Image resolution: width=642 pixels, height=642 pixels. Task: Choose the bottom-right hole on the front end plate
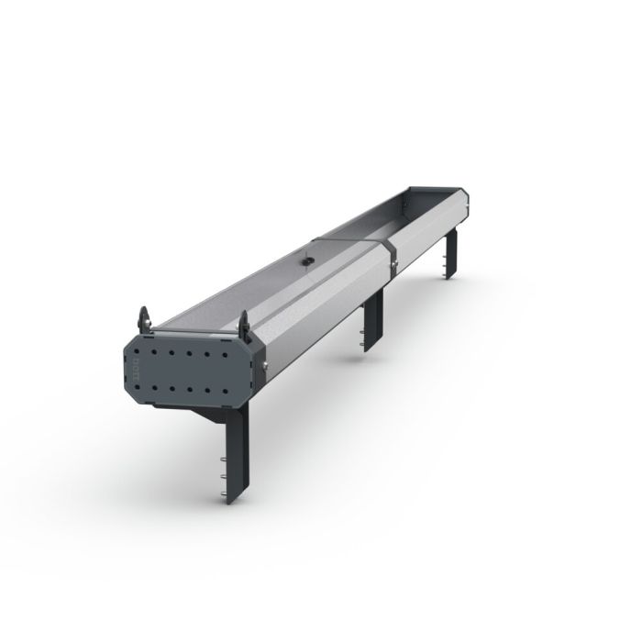225,391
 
